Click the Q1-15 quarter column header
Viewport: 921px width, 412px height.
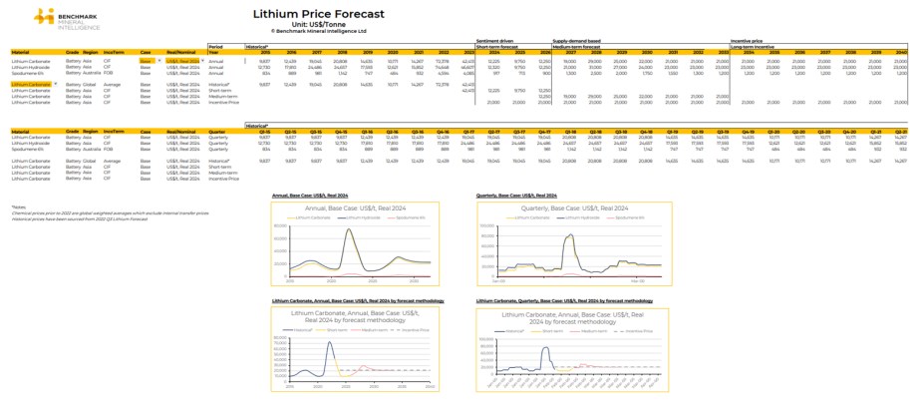[x=263, y=131]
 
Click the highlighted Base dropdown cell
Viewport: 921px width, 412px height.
[x=148, y=61]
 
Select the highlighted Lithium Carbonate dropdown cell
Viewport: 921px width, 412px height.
[x=32, y=85]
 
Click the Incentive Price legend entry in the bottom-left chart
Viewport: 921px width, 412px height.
[x=406, y=329]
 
